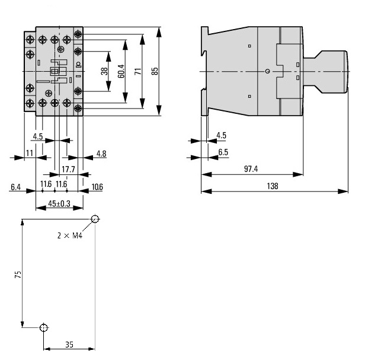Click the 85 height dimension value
155,71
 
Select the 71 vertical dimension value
137,71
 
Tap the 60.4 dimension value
120,72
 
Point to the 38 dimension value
104,71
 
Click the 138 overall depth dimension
272,186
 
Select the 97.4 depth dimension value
251,169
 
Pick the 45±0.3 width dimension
59,203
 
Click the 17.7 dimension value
69,170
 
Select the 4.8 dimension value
101,154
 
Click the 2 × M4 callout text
69,235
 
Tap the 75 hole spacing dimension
18,275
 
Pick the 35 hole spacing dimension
69,343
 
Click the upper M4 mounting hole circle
95,220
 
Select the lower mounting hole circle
43,328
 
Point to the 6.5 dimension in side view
223,152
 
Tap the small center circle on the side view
268,71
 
